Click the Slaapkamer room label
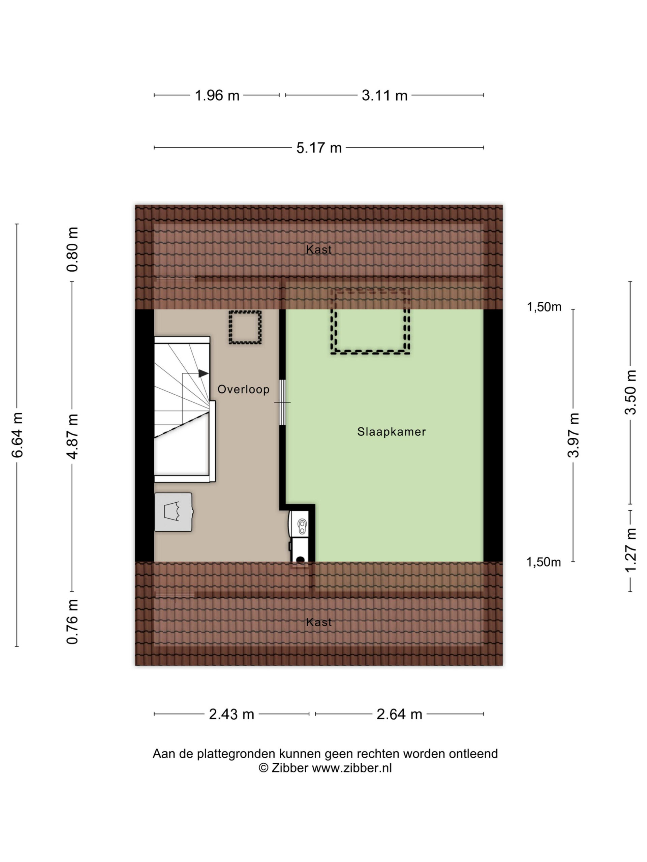coord(391,432)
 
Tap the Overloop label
coord(243,389)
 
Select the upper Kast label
coord(319,250)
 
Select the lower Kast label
coord(319,622)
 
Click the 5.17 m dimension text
coord(319,148)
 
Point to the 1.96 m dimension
coord(217,96)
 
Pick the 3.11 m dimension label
coord(384,96)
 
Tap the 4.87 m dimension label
coord(72,436)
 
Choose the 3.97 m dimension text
coord(573,435)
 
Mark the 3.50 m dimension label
coord(630,392)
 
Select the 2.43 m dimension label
coord(231,714)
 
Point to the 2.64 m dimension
coord(399,714)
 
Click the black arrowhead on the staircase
coord(203,373)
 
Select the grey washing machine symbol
coord(174,512)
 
